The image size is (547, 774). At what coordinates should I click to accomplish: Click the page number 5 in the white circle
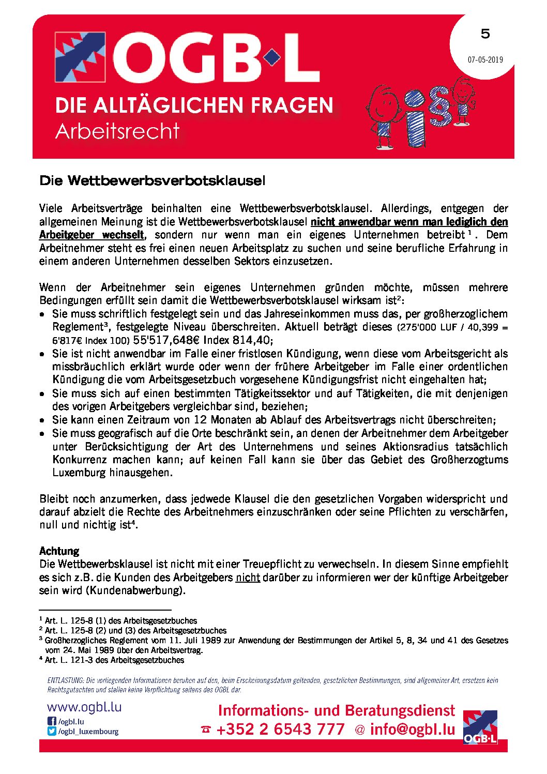click(x=485, y=34)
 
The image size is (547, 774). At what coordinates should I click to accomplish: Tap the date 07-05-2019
click(x=485, y=59)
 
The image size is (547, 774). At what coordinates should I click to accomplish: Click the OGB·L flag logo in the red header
click(x=80, y=57)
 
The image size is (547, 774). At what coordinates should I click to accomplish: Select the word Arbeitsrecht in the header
click(x=117, y=131)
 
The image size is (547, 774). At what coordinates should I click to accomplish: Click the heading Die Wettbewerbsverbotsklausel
click(x=152, y=181)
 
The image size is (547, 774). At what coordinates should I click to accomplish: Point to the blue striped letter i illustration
click(x=416, y=119)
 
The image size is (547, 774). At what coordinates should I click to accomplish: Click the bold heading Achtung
click(x=59, y=551)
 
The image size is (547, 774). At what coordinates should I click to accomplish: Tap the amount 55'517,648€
click(x=166, y=340)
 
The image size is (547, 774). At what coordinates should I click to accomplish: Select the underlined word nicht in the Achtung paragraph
click(x=248, y=578)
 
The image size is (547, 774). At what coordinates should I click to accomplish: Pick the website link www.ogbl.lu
click(x=84, y=707)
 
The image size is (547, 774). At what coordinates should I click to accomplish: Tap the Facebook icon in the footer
click(x=51, y=721)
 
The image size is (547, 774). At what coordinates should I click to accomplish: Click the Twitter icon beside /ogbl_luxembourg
click(x=51, y=731)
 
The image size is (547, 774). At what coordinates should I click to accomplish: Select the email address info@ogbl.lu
click(x=412, y=729)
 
